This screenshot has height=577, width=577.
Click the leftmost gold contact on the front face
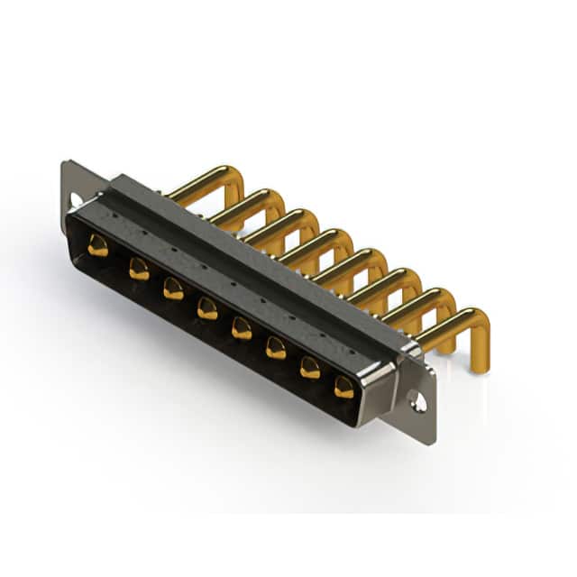(x=98, y=245)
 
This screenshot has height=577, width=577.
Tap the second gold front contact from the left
(x=139, y=268)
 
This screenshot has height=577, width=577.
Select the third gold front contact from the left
(x=173, y=288)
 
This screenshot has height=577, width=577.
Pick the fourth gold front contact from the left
(x=207, y=308)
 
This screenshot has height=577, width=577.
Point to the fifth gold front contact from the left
(x=242, y=327)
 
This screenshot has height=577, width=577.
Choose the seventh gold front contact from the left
(x=310, y=367)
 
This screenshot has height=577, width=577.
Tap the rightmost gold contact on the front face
(x=344, y=387)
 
